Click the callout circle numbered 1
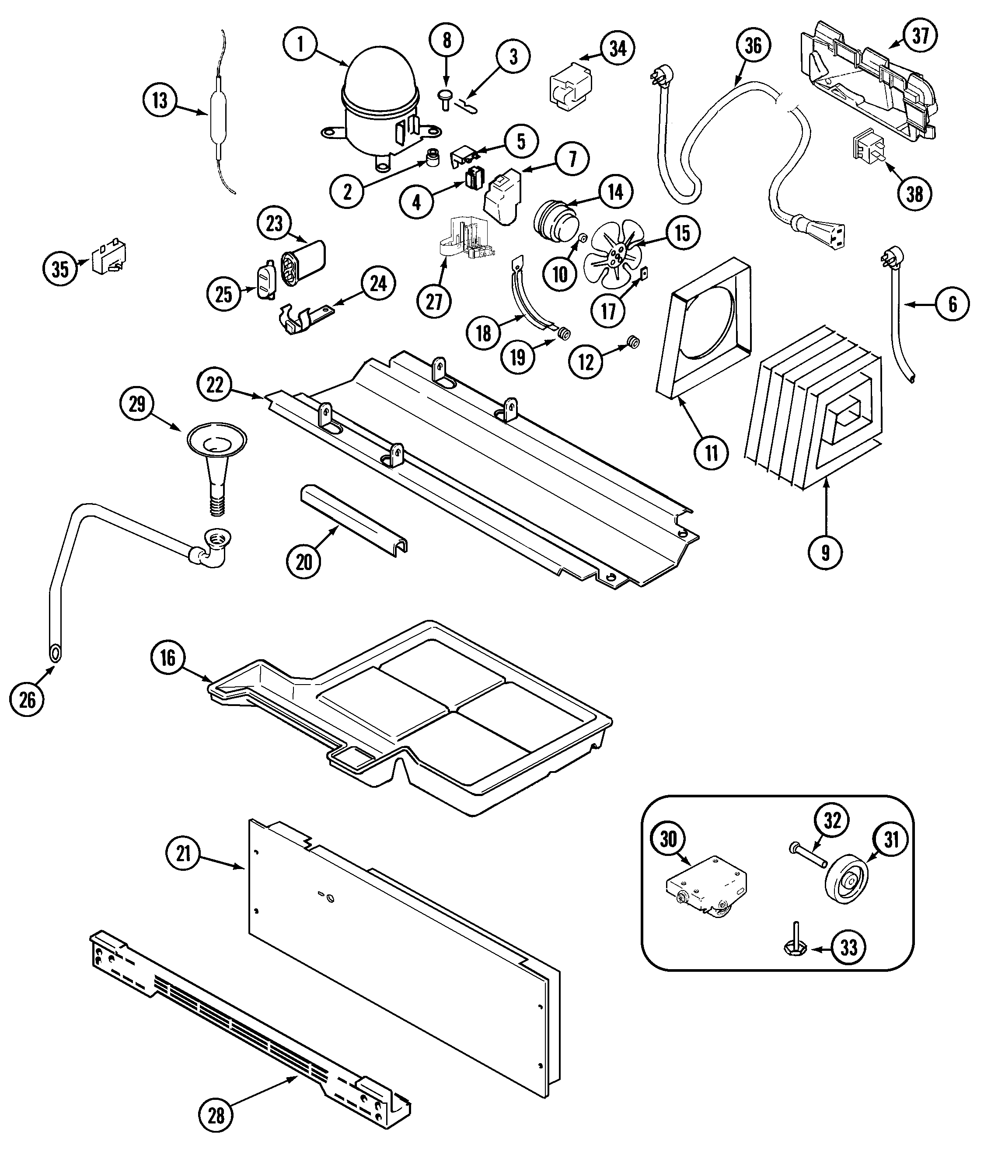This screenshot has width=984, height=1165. click(x=300, y=44)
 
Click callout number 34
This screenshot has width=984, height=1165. click(x=618, y=49)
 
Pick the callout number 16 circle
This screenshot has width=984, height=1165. click(x=168, y=657)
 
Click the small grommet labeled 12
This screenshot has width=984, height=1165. click(x=633, y=342)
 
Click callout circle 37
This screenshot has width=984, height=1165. click(x=919, y=36)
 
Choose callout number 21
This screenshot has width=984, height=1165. click(x=184, y=854)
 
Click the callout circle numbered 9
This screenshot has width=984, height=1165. click(x=825, y=552)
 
